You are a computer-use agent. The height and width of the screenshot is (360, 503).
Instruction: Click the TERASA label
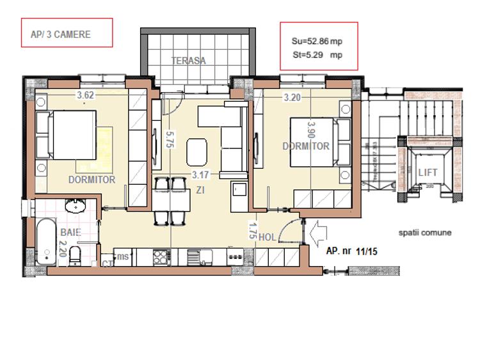coord(188,61)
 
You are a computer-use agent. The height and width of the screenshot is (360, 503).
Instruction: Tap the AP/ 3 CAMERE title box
coord(67,33)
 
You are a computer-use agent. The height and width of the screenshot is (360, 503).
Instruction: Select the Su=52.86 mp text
coord(317,41)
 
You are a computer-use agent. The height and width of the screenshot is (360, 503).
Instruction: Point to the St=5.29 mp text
coord(317,55)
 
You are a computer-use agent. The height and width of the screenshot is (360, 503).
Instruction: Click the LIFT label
coord(427,173)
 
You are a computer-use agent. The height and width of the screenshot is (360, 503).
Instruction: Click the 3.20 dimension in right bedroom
coord(292,98)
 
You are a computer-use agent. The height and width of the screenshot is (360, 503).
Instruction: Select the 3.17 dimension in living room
coord(201,174)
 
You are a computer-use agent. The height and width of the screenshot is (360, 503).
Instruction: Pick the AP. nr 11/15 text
coord(351,252)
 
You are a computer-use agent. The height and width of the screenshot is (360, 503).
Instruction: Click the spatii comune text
coord(424,233)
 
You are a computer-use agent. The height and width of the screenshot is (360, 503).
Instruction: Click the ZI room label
coord(200,189)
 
